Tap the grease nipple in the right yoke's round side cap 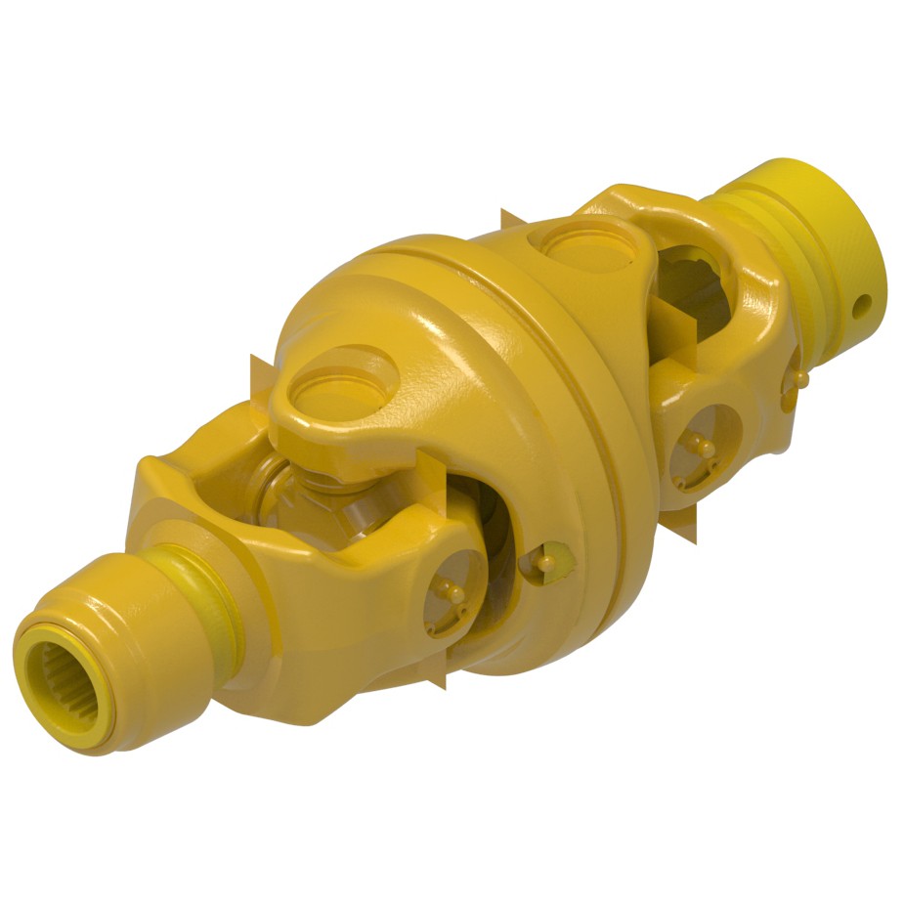700,446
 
